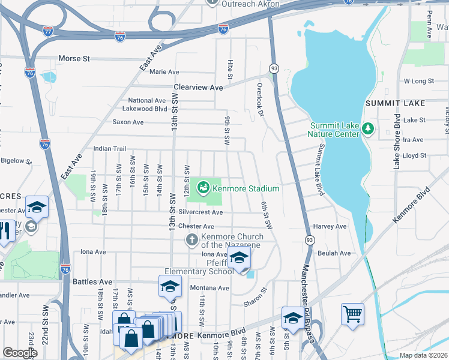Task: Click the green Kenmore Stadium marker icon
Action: click(x=203, y=188)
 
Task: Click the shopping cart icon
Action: click(x=352, y=313)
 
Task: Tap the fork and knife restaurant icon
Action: click(x=5, y=231)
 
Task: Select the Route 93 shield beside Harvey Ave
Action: click(x=310, y=240)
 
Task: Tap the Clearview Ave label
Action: click(x=198, y=87)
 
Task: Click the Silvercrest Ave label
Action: click(x=201, y=212)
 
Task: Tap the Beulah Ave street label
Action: click(x=336, y=253)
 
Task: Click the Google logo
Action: click(x=20, y=353)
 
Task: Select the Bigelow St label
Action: click(x=16, y=161)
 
